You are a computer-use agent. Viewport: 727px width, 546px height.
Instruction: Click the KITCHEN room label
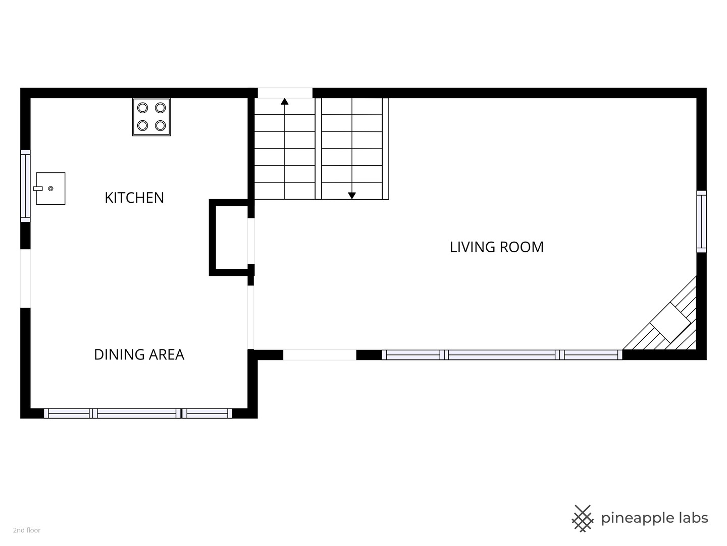tap(134, 198)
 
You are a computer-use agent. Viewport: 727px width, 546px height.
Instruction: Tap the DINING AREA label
tap(139, 354)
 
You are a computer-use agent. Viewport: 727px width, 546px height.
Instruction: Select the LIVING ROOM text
tap(496, 247)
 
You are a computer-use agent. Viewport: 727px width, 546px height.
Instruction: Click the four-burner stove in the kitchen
tap(151, 117)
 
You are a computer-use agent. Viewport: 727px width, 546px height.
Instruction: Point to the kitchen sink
tap(50, 188)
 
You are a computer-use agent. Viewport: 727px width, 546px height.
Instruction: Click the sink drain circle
tap(50, 188)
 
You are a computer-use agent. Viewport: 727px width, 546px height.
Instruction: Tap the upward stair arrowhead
tap(285, 102)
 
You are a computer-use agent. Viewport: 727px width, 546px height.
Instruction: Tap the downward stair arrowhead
tap(352, 196)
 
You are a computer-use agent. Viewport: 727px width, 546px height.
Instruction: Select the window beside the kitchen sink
tap(26, 186)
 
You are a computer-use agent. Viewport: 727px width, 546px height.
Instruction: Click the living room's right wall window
tap(701, 221)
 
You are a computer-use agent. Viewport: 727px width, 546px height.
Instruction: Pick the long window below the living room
tap(502, 355)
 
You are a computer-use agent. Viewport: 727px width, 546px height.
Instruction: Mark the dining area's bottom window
tap(138, 414)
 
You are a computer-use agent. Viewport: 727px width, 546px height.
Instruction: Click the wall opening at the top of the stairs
tap(285, 93)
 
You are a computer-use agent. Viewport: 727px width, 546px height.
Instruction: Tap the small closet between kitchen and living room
tap(232, 238)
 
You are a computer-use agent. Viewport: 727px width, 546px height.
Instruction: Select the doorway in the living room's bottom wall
tap(320, 355)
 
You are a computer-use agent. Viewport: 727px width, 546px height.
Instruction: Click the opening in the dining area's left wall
tap(26, 279)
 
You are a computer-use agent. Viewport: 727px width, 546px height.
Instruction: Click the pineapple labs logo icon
tap(583, 519)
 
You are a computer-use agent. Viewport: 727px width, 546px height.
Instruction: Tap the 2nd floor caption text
tap(27, 530)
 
